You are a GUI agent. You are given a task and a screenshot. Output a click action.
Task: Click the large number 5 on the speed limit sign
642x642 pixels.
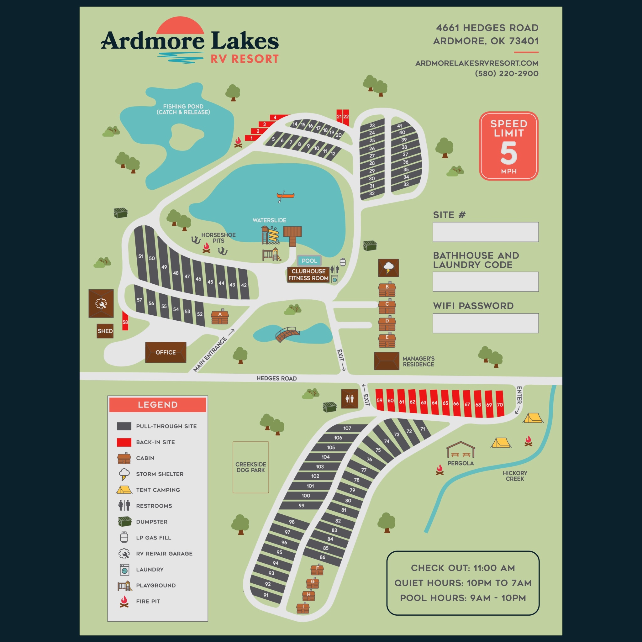coord(508,153)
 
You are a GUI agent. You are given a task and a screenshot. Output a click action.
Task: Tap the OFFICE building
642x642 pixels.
coord(166,352)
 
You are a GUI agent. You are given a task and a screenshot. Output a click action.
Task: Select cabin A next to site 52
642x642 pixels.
coord(220,317)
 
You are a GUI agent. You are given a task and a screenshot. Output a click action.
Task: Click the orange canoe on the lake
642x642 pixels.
coord(285,196)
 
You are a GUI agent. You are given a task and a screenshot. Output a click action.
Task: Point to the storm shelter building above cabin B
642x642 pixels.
coord(388,268)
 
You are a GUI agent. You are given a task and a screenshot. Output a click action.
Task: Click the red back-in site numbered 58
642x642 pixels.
coord(125,321)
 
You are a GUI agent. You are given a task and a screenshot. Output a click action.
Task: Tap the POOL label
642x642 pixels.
coord(309,261)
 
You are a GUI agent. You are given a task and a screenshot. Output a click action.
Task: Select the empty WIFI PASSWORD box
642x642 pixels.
coord(486,323)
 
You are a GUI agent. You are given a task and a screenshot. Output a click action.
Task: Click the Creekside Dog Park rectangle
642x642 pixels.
coord(250,467)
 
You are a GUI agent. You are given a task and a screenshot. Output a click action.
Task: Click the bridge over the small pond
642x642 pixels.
coord(287,334)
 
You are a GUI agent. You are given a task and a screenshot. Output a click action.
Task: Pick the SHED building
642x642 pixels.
coord(105,331)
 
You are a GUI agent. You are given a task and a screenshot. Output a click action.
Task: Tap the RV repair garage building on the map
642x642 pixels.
coord(101,303)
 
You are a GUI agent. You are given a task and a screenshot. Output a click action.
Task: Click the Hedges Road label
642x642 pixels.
coord(276,378)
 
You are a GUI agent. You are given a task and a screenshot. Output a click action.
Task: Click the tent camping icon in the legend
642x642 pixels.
coord(124,490)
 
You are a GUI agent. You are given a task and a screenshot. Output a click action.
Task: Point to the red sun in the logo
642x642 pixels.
coord(180,26)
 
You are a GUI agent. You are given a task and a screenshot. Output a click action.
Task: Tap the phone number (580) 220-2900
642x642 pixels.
coord(507,73)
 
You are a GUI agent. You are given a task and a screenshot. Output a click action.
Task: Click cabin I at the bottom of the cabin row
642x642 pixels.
coord(303,608)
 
